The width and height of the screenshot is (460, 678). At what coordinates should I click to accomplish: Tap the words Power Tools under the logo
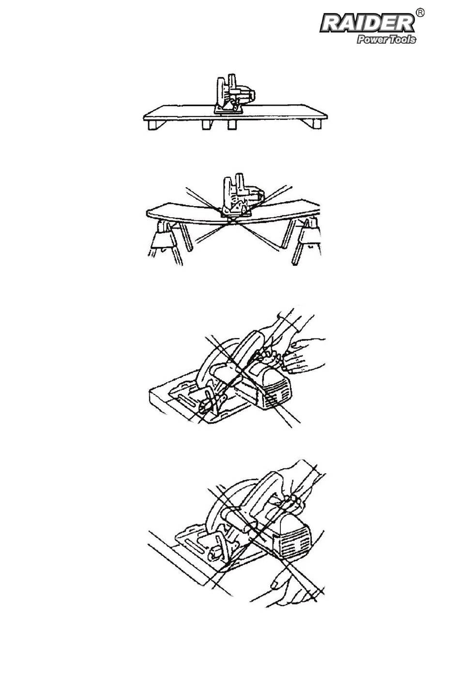coord(386,40)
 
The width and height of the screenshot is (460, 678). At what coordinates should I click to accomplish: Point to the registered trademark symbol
coord(420,13)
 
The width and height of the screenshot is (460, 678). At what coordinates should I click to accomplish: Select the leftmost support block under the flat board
coord(153,125)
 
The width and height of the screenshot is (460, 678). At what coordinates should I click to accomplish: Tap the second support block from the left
coord(207,124)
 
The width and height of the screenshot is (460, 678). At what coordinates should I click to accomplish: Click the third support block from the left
coord(232,125)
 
